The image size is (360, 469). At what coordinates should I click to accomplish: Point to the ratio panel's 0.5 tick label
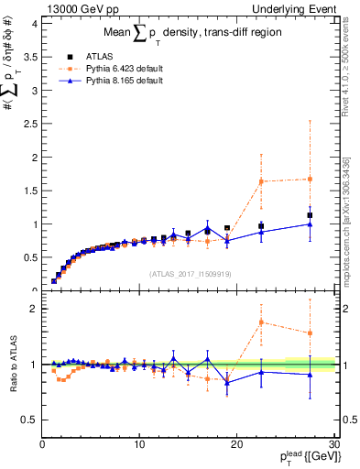29,420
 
